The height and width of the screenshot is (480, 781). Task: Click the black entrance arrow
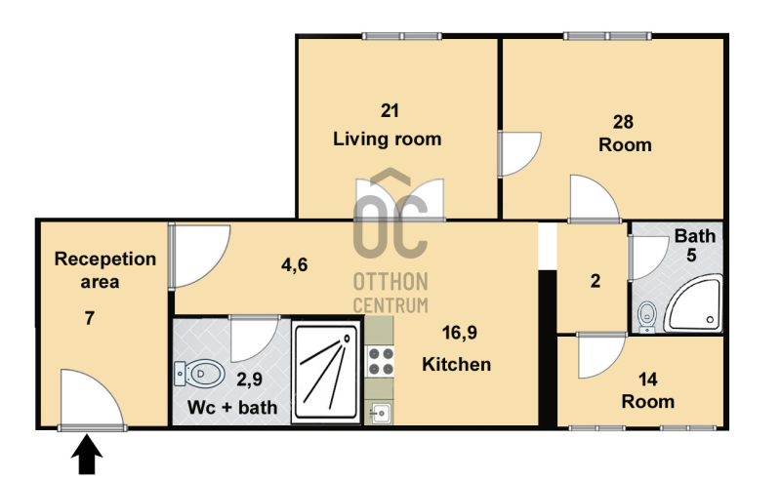point(87,454)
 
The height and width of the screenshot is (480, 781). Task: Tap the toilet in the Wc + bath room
point(199,374)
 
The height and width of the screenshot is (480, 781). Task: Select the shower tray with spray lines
point(327,372)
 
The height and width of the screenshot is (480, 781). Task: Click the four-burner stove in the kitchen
point(381,362)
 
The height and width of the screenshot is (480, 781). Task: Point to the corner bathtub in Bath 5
point(694,303)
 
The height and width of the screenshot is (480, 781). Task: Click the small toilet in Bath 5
point(647,317)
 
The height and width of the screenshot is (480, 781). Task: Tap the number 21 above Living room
point(390,110)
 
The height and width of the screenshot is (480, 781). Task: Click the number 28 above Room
point(623,122)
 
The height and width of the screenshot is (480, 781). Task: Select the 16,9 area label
point(459,333)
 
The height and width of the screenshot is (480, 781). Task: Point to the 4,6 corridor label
point(295,265)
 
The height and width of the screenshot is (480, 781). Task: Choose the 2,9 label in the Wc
point(249,380)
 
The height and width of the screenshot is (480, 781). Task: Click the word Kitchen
point(456,365)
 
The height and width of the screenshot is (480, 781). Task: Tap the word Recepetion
point(105,260)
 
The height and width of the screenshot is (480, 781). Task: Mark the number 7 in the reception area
point(90,318)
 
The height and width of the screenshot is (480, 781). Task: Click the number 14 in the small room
point(647,380)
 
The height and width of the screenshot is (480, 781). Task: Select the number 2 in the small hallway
point(596,281)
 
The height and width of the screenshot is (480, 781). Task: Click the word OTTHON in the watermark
point(390,282)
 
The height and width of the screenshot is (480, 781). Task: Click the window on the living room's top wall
point(401,36)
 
